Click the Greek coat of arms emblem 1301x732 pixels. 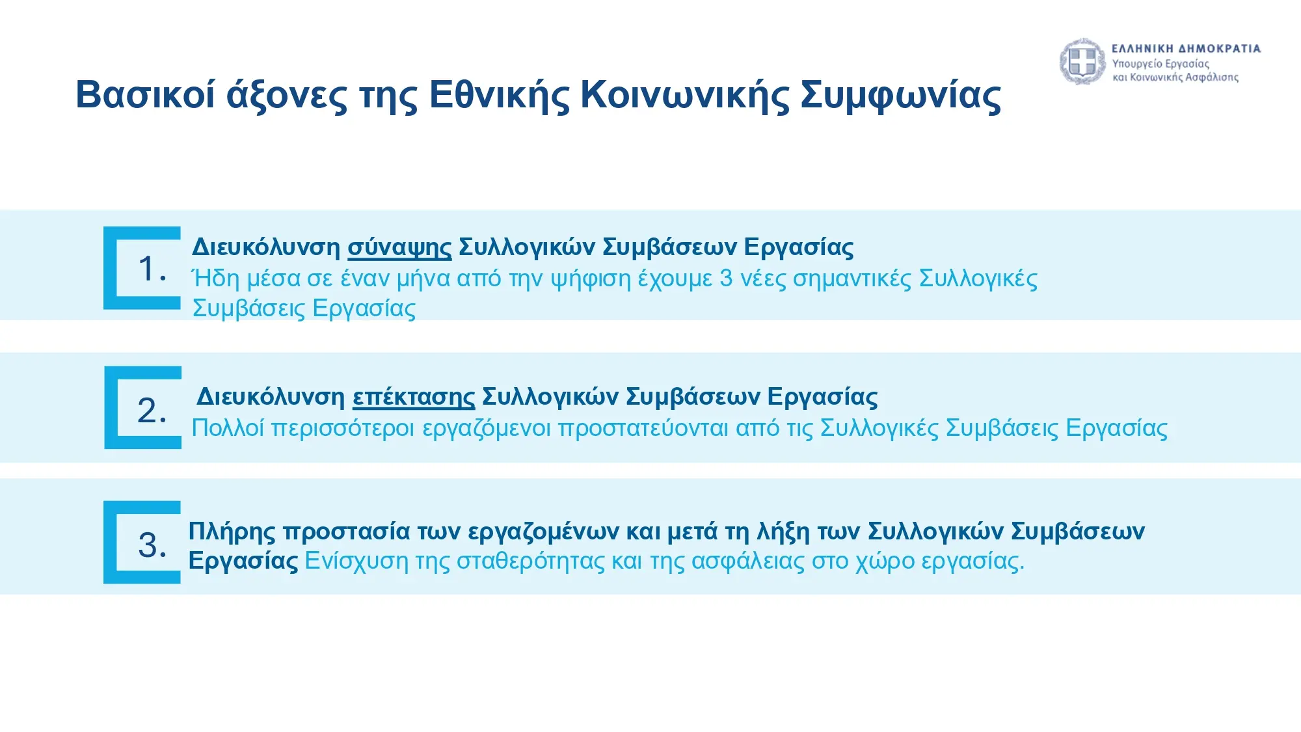pos(1082,62)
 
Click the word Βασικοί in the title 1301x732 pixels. pos(145,94)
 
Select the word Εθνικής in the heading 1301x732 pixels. pos(499,96)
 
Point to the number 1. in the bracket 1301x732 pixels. pos(152,268)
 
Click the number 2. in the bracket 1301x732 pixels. pos(152,410)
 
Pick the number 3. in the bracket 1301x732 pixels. pos(152,545)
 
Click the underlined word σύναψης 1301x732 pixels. pos(399,248)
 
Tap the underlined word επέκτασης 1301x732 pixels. pos(414,398)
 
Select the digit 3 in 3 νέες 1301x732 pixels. pos(726,278)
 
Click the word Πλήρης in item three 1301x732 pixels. pos(232,532)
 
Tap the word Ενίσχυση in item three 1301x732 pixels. pos(356,561)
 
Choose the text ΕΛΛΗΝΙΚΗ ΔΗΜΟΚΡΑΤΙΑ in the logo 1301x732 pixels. pos(1186,49)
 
